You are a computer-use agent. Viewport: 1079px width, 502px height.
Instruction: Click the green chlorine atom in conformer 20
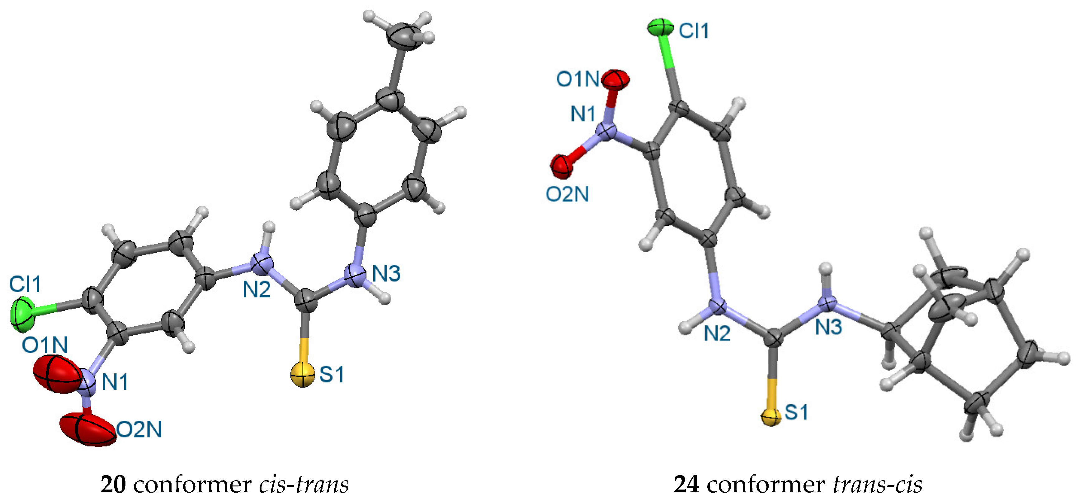[22, 313]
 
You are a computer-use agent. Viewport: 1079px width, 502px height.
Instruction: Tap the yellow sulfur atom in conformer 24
[771, 417]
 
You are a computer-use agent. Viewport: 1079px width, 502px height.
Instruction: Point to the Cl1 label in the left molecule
[25, 284]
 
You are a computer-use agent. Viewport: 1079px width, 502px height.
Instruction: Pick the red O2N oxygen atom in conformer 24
[561, 166]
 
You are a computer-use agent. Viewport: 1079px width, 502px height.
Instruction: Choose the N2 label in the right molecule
[717, 334]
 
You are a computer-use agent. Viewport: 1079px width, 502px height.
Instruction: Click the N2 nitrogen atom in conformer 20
[262, 264]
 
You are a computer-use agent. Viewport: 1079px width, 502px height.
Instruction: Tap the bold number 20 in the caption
[113, 485]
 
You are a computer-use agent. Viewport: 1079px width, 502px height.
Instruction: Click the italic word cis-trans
[304, 485]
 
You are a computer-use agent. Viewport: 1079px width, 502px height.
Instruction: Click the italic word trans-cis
[878, 485]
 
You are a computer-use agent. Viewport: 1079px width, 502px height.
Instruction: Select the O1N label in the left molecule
[45, 345]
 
